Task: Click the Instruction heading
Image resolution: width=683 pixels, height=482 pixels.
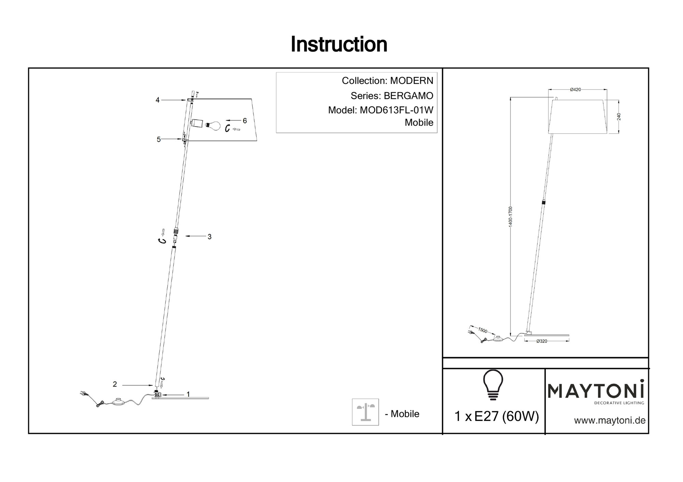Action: [x=339, y=44]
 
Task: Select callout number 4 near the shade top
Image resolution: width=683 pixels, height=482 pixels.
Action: [x=157, y=100]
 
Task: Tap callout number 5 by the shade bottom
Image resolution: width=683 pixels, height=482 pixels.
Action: [x=158, y=139]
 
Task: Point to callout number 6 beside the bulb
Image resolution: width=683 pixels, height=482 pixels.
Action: [x=245, y=120]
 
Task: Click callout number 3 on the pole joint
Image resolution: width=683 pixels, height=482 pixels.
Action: [x=209, y=236]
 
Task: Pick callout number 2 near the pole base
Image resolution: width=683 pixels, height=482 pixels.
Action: [x=115, y=384]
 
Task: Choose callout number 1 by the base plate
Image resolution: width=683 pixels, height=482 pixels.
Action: [x=188, y=394]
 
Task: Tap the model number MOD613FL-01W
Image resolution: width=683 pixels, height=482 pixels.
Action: [x=396, y=110]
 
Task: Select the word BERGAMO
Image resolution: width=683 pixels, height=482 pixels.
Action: [x=408, y=96]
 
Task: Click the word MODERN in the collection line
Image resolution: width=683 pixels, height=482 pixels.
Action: [x=412, y=81]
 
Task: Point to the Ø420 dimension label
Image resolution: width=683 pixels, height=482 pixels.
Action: [x=575, y=90]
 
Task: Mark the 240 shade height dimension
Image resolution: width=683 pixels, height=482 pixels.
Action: [x=619, y=117]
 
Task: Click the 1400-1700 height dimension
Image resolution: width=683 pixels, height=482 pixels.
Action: [x=510, y=217]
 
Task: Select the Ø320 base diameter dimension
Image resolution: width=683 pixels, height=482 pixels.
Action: [x=542, y=341]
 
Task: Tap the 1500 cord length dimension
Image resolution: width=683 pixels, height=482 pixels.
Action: [x=482, y=330]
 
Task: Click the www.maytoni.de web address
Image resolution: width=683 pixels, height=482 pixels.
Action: [x=610, y=421]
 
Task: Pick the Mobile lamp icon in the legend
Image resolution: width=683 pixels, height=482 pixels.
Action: [x=365, y=412]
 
